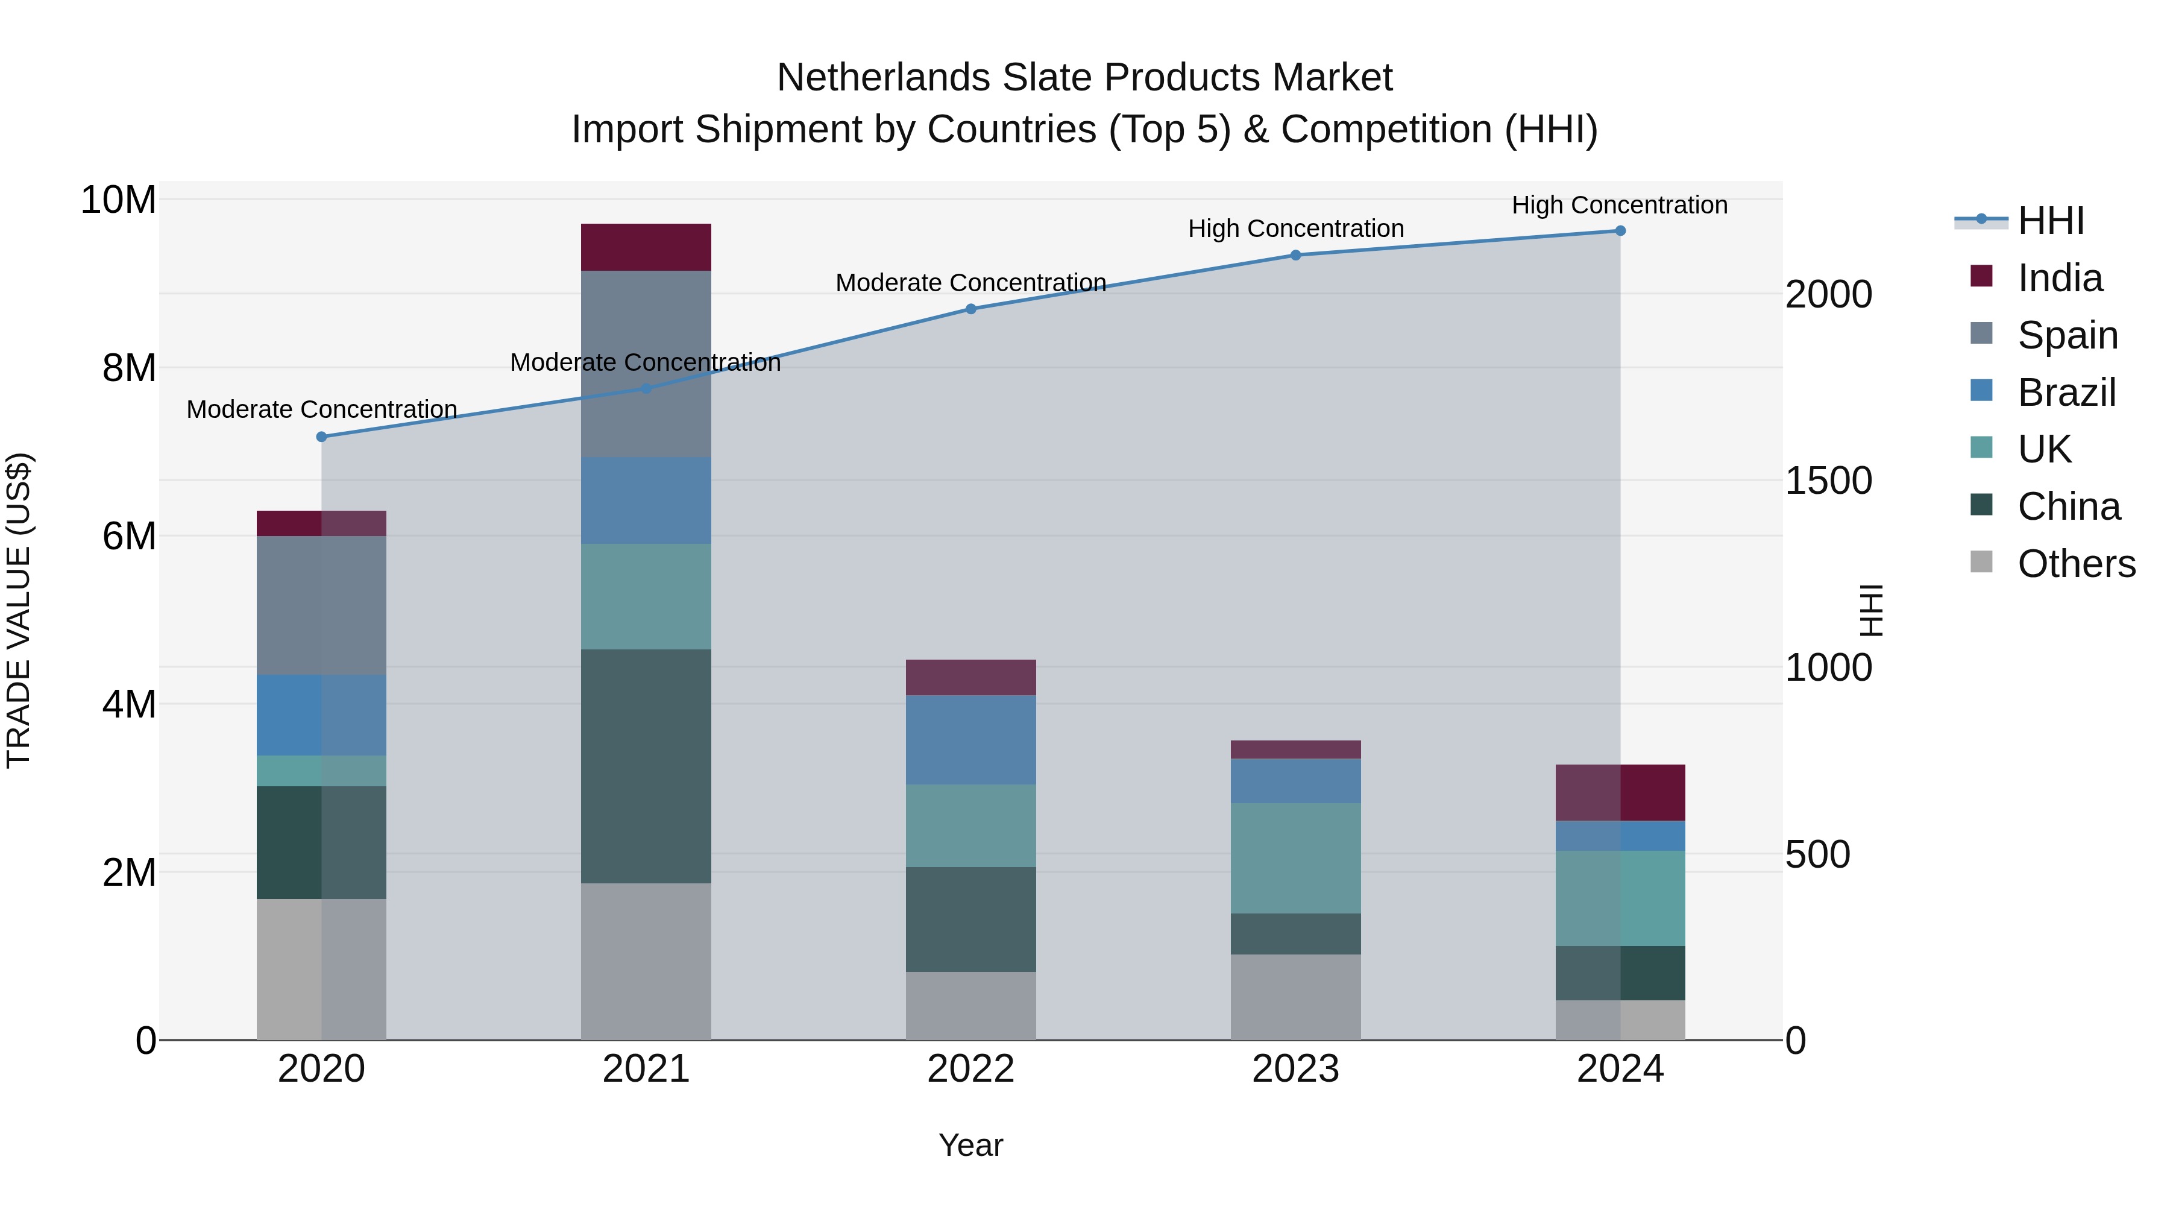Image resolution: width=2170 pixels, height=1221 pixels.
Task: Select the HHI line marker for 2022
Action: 970,309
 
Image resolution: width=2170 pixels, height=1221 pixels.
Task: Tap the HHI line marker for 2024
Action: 1620,231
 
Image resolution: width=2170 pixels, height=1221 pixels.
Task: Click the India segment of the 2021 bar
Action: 646,247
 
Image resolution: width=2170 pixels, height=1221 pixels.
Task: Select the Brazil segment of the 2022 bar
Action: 970,740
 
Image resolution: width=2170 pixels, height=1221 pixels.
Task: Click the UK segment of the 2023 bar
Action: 1295,858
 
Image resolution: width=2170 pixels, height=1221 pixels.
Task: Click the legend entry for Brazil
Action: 2066,393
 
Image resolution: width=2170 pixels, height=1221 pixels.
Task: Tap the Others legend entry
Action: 2075,564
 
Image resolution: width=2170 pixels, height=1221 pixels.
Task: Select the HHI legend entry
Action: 2051,221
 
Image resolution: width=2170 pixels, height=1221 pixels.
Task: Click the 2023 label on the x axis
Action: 1295,1069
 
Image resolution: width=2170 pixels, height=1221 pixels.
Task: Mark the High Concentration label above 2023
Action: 1295,229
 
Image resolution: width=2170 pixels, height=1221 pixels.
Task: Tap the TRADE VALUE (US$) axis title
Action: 19,610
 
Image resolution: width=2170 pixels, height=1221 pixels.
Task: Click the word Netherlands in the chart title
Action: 883,78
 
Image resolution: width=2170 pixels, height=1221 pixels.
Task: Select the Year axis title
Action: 970,1145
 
